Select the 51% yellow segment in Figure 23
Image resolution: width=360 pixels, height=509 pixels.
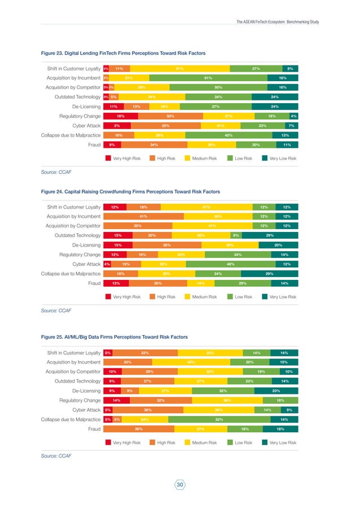[179, 68]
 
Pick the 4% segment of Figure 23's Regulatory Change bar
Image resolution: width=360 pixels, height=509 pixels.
[294, 116]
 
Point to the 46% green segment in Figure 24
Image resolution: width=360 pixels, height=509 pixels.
[230, 264]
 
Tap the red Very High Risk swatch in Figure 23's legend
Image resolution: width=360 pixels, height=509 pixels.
[108, 159]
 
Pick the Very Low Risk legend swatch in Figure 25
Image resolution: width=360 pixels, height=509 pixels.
[266, 443]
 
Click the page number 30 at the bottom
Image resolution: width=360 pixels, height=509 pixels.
[180, 485]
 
